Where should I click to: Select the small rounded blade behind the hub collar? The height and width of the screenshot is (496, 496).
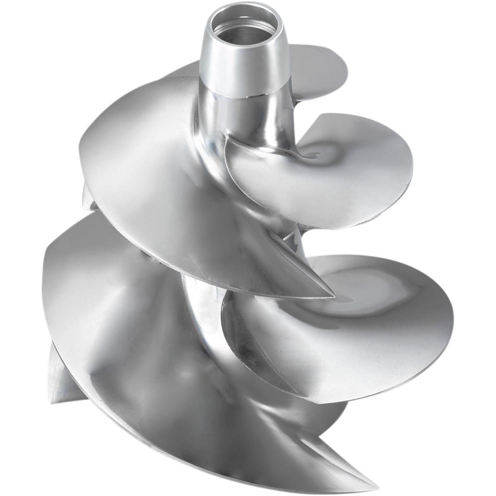pos(314,66)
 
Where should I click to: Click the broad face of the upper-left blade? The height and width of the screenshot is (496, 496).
pos(149,174)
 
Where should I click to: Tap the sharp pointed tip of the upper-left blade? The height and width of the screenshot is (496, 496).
pos(331,295)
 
